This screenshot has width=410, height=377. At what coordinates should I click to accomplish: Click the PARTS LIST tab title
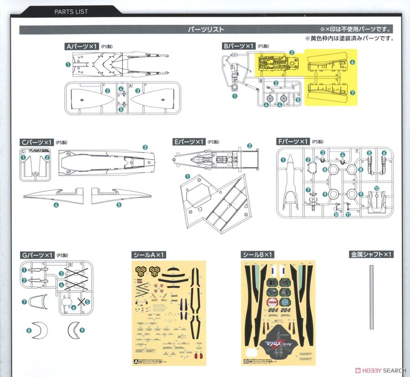click(71, 11)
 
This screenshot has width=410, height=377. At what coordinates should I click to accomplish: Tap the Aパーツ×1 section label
click(82, 46)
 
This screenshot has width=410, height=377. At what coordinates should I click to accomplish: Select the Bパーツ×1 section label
click(237, 46)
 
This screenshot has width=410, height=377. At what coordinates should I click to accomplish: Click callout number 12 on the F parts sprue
click(377, 188)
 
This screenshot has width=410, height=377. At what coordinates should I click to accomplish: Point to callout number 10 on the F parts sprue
click(336, 214)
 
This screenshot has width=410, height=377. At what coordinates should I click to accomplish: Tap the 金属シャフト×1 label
click(372, 254)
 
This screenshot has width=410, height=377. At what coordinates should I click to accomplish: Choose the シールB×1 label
click(256, 254)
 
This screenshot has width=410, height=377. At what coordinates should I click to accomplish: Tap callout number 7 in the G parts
click(24, 302)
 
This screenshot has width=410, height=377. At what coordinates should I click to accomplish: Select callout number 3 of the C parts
click(145, 147)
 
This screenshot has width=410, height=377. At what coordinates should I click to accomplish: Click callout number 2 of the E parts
click(250, 146)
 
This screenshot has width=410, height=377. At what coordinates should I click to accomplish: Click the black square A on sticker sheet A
click(135, 362)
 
